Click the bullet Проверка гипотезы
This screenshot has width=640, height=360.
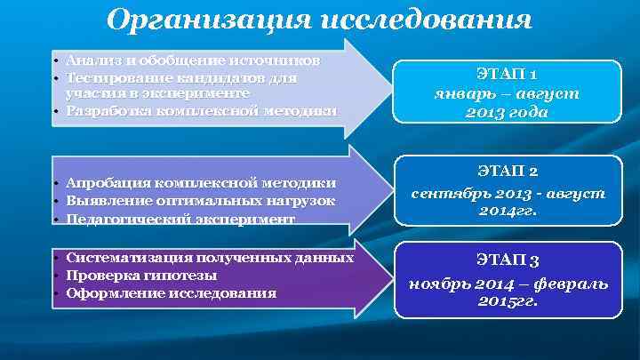click(141, 275)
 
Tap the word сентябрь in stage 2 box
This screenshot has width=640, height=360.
click(447, 192)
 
